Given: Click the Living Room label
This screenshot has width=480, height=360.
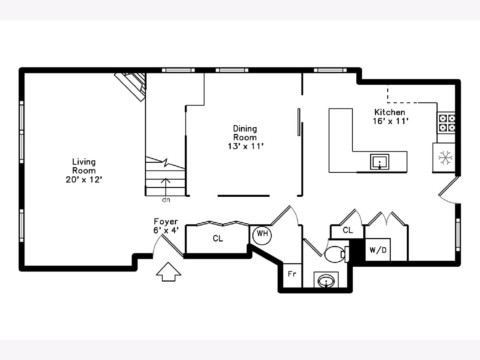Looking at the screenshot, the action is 84,171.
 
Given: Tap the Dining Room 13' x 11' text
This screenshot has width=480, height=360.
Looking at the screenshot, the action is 246,138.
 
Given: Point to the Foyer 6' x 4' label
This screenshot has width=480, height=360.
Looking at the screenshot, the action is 166,226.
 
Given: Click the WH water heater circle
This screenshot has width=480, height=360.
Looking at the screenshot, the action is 262,235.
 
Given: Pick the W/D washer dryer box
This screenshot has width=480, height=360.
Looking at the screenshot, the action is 378,250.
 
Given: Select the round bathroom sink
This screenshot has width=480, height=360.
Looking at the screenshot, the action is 326,281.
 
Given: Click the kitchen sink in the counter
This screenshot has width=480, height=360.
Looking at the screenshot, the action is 380,162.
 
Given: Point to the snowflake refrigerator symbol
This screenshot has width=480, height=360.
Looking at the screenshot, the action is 446,157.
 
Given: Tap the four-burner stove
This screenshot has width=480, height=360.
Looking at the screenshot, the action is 446,123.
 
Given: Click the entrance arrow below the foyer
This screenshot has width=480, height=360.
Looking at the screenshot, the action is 168,272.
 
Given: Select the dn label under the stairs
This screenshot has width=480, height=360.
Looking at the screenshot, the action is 166,200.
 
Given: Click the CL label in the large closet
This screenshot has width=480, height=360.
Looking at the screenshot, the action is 218,238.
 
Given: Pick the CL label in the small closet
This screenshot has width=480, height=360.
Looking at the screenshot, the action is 348,230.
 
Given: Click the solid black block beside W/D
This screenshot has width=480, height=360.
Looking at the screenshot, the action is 357,250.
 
